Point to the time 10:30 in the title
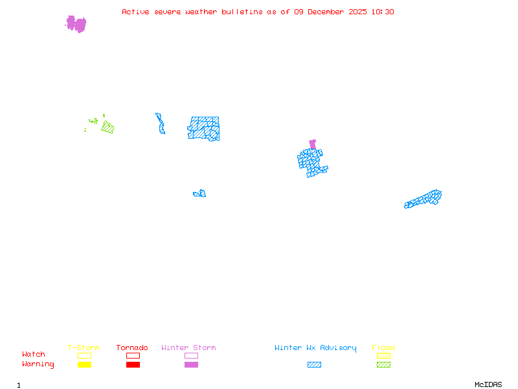[383, 12]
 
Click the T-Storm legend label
[84, 348]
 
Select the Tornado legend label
[132, 348]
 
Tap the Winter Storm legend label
[188, 348]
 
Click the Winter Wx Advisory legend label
[315, 348]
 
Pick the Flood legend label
[383, 348]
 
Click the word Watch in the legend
[34, 355]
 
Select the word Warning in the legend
[38, 364]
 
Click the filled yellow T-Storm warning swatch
[84, 365]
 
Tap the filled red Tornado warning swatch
[133, 365]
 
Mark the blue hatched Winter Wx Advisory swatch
[314, 365]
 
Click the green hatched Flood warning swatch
[383, 365]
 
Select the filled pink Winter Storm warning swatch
[191, 365]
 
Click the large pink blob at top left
[76, 24]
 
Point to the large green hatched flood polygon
[107, 128]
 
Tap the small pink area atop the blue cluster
[313, 144]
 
